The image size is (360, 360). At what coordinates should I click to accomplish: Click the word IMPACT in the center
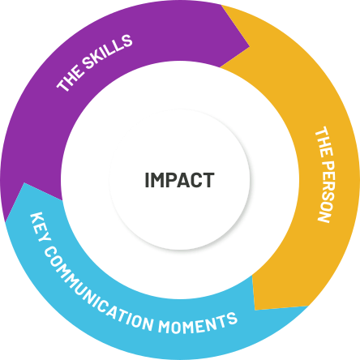point(179,180)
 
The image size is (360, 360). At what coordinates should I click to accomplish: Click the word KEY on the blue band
point(38,227)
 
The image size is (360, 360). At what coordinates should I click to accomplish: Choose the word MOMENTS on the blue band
point(198,324)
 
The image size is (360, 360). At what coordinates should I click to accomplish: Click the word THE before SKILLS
point(69,78)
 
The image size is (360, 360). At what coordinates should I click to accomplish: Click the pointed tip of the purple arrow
point(249,47)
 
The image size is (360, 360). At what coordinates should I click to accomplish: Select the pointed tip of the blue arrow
point(24,183)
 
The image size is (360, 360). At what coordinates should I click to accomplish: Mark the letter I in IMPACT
point(147,180)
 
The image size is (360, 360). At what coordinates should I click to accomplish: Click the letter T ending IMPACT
point(209,180)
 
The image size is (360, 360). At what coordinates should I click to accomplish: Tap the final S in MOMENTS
point(231,319)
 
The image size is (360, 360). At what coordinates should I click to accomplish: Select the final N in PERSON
point(324,217)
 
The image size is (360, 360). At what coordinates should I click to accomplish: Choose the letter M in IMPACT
point(156,180)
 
